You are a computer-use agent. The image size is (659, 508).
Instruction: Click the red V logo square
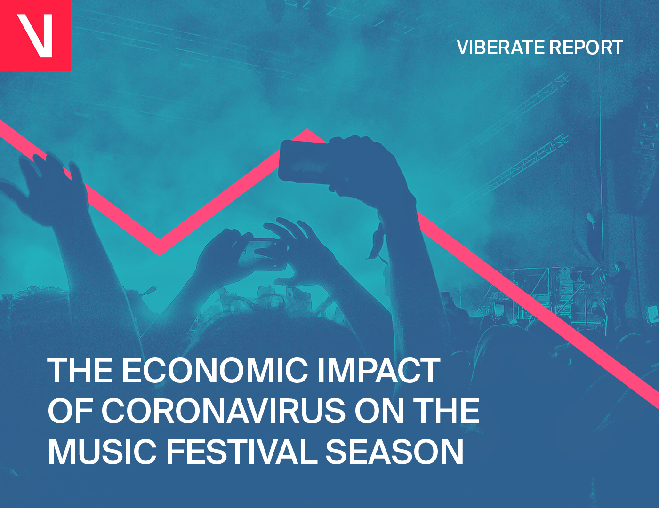click(x=35, y=35)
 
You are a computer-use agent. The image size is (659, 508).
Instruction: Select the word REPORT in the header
click(x=586, y=48)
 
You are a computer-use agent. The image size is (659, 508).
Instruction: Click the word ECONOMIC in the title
click(x=215, y=371)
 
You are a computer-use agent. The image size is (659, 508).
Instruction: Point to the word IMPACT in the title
click(x=379, y=371)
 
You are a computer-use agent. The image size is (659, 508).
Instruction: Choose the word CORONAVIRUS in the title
click(x=223, y=411)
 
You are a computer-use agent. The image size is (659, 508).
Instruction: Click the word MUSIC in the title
click(x=102, y=452)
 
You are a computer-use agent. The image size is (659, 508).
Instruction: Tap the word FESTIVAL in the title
click(x=241, y=452)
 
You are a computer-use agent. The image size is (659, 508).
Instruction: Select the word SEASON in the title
click(x=394, y=452)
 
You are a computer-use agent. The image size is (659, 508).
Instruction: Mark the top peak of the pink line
click(x=307, y=130)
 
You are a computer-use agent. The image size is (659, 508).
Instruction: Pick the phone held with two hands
click(x=263, y=253)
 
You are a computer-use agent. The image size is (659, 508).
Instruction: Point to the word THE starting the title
click(x=80, y=371)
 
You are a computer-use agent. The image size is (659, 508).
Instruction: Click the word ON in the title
click(x=379, y=411)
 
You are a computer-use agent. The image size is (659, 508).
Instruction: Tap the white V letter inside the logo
click(x=34, y=35)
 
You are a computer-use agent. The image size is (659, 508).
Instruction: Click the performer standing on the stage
click(x=619, y=288)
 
